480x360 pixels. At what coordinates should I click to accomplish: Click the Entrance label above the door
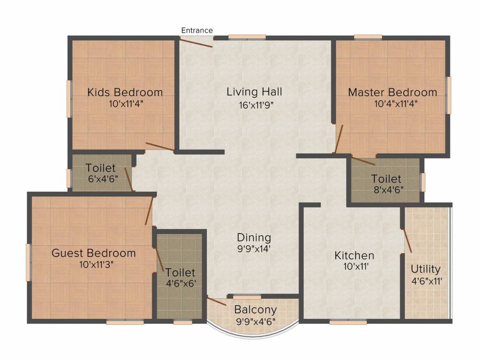tap(197, 30)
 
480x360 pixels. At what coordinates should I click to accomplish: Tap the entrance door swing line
tap(196, 42)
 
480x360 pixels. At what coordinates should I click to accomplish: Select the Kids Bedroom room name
tap(125, 92)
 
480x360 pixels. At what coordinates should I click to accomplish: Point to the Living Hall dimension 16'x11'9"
tap(256, 105)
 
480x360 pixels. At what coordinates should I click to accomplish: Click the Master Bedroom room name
tap(392, 92)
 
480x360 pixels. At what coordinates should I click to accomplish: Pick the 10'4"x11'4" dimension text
tap(396, 104)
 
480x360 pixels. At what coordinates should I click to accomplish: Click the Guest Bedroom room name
tap(94, 253)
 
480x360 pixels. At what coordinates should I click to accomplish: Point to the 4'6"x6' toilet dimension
tap(181, 284)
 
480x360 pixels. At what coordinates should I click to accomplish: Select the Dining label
tap(254, 238)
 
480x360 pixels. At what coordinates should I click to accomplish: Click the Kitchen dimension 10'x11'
tap(355, 267)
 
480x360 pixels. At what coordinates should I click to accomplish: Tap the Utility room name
tap(426, 269)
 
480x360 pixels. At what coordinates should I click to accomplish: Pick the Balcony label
tap(255, 309)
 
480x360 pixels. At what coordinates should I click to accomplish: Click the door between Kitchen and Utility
tap(407, 240)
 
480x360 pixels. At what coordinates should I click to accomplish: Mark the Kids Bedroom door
tap(160, 147)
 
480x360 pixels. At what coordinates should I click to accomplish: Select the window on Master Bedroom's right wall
tap(449, 95)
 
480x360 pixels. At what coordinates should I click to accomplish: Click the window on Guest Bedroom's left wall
tap(28, 262)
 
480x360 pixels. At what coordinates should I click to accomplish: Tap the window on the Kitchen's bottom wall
tap(348, 322)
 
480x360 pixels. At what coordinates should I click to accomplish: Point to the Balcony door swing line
tap(217, 301)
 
